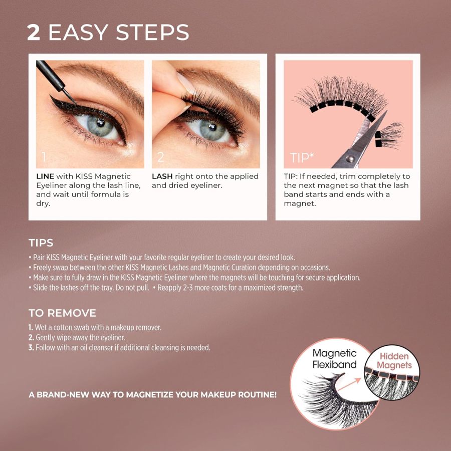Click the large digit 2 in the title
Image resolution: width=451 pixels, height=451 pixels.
(34, 32)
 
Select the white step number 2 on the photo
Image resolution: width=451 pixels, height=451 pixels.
(161, 157)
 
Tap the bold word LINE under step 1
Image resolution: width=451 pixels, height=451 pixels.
(46, 176)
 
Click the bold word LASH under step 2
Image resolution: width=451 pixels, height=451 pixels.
(162, 176)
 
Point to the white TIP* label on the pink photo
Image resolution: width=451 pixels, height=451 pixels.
(302, 158)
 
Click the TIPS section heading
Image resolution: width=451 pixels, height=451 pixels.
(41, 243)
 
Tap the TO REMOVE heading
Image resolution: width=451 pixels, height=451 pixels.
(62, 313)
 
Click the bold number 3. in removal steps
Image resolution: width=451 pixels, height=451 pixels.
(31, 347)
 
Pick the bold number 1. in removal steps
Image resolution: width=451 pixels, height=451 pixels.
(31, 327)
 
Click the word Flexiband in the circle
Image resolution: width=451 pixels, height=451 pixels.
(334, 364)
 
